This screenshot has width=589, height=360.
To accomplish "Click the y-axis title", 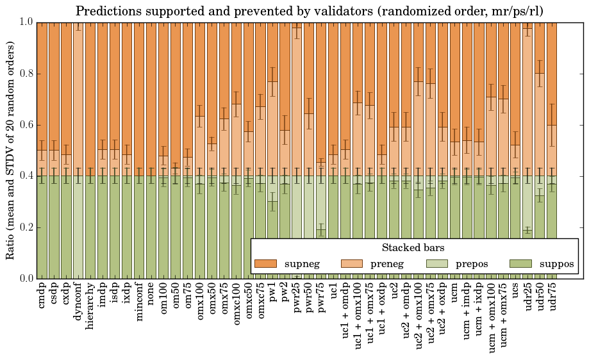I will click(11, 150).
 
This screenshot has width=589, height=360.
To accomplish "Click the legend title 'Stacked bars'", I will click(413, 247).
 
